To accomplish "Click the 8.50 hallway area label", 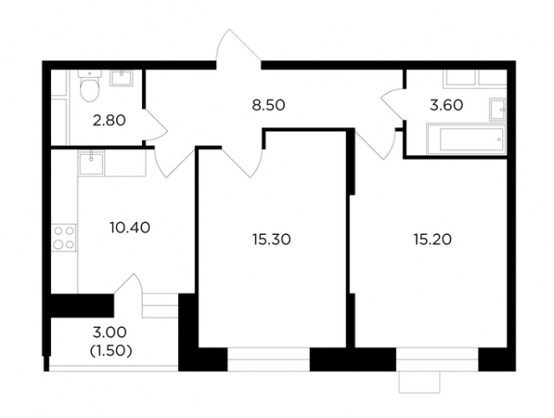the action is (268, 105).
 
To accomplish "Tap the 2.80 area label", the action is (109, 120).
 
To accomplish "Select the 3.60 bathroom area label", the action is (446, 105).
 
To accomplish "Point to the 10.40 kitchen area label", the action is (130, 227).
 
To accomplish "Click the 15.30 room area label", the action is (272, 240).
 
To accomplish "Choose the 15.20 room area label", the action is (432, 240).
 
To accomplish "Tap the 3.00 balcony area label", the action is (109, 332).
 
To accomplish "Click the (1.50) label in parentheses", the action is (111, 351).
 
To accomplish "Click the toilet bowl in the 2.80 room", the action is (89, 86).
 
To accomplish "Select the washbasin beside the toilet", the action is (121, 78).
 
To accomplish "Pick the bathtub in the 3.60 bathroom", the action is (466, 140).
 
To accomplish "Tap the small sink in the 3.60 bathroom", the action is (497, 110).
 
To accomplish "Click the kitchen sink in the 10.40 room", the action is (92, 163).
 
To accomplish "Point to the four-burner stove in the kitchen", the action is (64, 237).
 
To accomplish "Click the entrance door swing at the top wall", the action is (239, 48).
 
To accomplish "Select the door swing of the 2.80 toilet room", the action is (155, 125).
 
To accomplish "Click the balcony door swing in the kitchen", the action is (128, 283).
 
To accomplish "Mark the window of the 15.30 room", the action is (268, 359).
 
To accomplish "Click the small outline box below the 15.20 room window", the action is (419, 382).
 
